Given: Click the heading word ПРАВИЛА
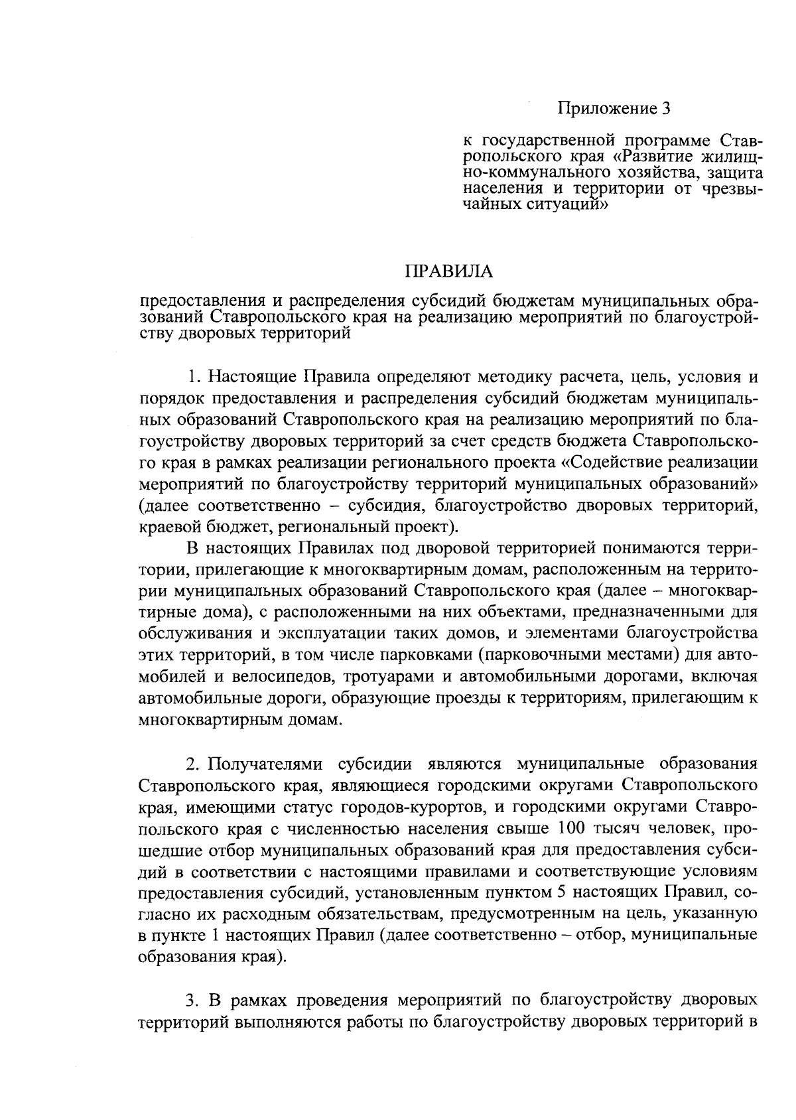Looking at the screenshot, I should pyautogui.click(x=449, y=271).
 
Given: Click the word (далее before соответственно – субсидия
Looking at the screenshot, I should pyautogui.click(x=164, y=506).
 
